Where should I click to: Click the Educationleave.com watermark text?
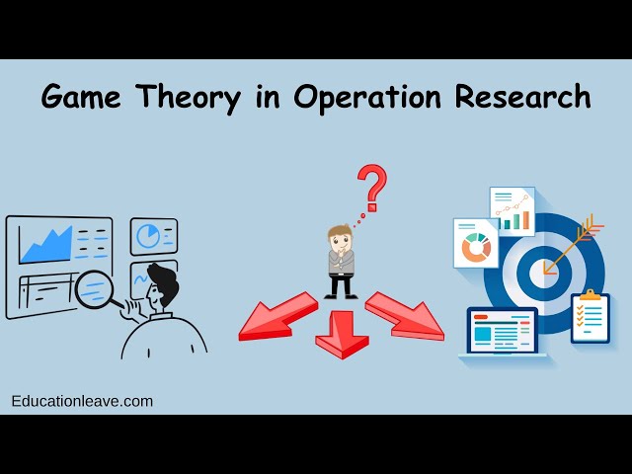click(x=82, y=401)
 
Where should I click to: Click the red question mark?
click(x=371, y=187)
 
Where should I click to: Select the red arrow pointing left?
click(x=276, y=318)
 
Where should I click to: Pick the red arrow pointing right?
click(x=406, y=316)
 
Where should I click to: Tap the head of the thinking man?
click(x=340, y=240)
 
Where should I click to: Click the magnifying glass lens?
click(x=97, y=288)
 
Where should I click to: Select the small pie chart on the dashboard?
click(x=148, y=235)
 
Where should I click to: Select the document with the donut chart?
click(x=476, y=244)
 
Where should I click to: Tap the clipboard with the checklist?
click(x=590, y=317)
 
